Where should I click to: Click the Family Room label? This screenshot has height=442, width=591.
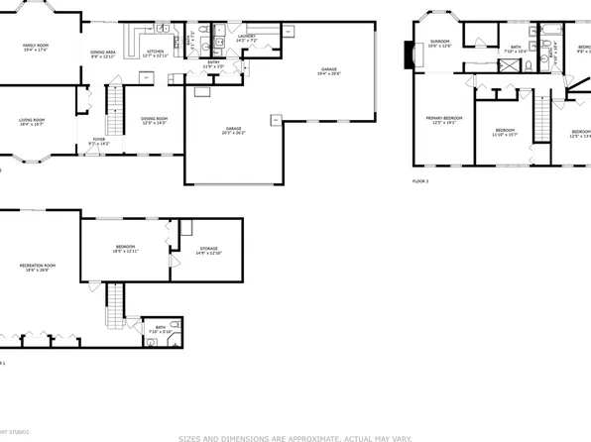pos(37,43)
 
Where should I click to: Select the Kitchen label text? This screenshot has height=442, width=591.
pos(155,51)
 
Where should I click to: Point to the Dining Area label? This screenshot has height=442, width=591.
pos(103,51)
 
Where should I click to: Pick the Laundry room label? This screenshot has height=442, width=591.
pos(247,37)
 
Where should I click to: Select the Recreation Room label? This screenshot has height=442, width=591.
pos(38,265)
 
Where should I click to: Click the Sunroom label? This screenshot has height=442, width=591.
pos(439,41)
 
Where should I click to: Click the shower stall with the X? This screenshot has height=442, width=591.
pos(507,66)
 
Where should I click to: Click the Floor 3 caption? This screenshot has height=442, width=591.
pos(420,181)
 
